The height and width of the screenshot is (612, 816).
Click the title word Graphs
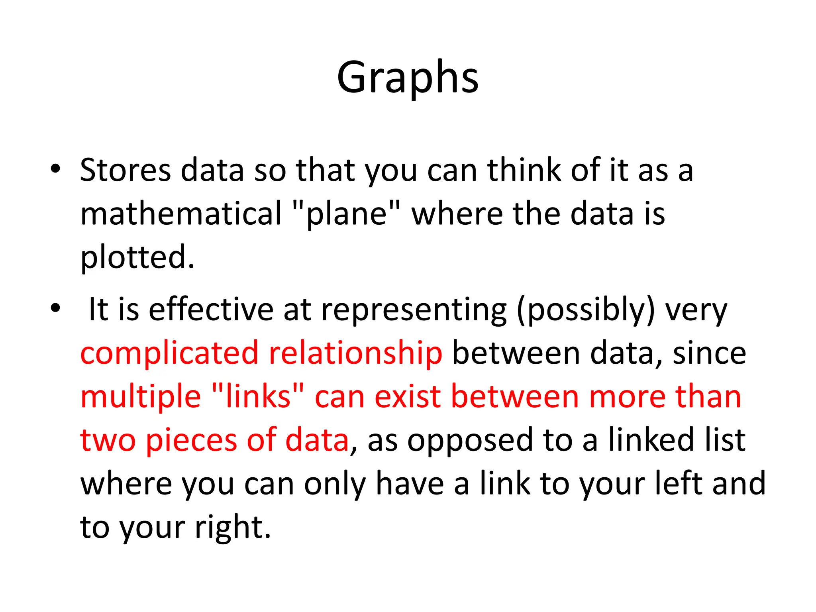(408, 78)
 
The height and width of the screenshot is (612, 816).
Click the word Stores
(126, 170)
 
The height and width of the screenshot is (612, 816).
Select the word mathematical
(181, 214)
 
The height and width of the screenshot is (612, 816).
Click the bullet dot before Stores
(55, 169)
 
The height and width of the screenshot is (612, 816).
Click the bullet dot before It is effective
(55, 308)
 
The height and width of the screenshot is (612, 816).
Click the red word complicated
(169, 353)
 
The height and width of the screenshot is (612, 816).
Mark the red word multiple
(141, 398)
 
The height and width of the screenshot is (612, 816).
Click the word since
(709, 353)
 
